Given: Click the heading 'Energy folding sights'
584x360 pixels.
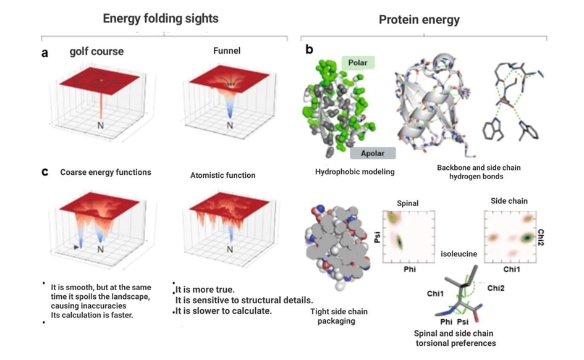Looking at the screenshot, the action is (161, 19).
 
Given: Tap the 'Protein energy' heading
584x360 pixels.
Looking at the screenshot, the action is (419, 20).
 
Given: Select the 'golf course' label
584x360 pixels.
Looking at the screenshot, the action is (96, 51).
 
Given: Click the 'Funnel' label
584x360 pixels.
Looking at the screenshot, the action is (227, 51).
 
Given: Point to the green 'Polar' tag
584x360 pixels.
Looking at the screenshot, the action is (358, 62).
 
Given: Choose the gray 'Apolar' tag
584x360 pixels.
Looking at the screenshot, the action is (373, 153).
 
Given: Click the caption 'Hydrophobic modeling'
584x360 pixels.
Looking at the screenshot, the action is (355, 172).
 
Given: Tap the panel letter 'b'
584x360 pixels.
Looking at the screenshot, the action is (309, 49).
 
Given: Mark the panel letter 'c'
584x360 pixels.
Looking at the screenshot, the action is (44, 172).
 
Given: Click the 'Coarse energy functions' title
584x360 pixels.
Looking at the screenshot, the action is (106, 172).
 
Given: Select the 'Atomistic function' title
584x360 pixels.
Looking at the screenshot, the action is (222, 175).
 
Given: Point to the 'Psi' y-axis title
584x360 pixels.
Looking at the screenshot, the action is (378, 237).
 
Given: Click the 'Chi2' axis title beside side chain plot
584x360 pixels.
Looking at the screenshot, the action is (541, 237).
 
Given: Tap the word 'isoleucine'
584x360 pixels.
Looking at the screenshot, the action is (459, 254).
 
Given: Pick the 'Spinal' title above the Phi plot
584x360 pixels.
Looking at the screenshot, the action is (408, 203).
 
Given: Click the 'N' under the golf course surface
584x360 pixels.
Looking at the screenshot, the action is (101, 125).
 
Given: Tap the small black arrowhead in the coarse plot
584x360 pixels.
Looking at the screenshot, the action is (77, 247).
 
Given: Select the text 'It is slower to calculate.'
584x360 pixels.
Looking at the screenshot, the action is (224, 311).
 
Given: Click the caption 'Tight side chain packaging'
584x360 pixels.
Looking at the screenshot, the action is (339, 316).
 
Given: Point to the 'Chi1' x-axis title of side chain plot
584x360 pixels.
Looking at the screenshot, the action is (512, 269).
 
